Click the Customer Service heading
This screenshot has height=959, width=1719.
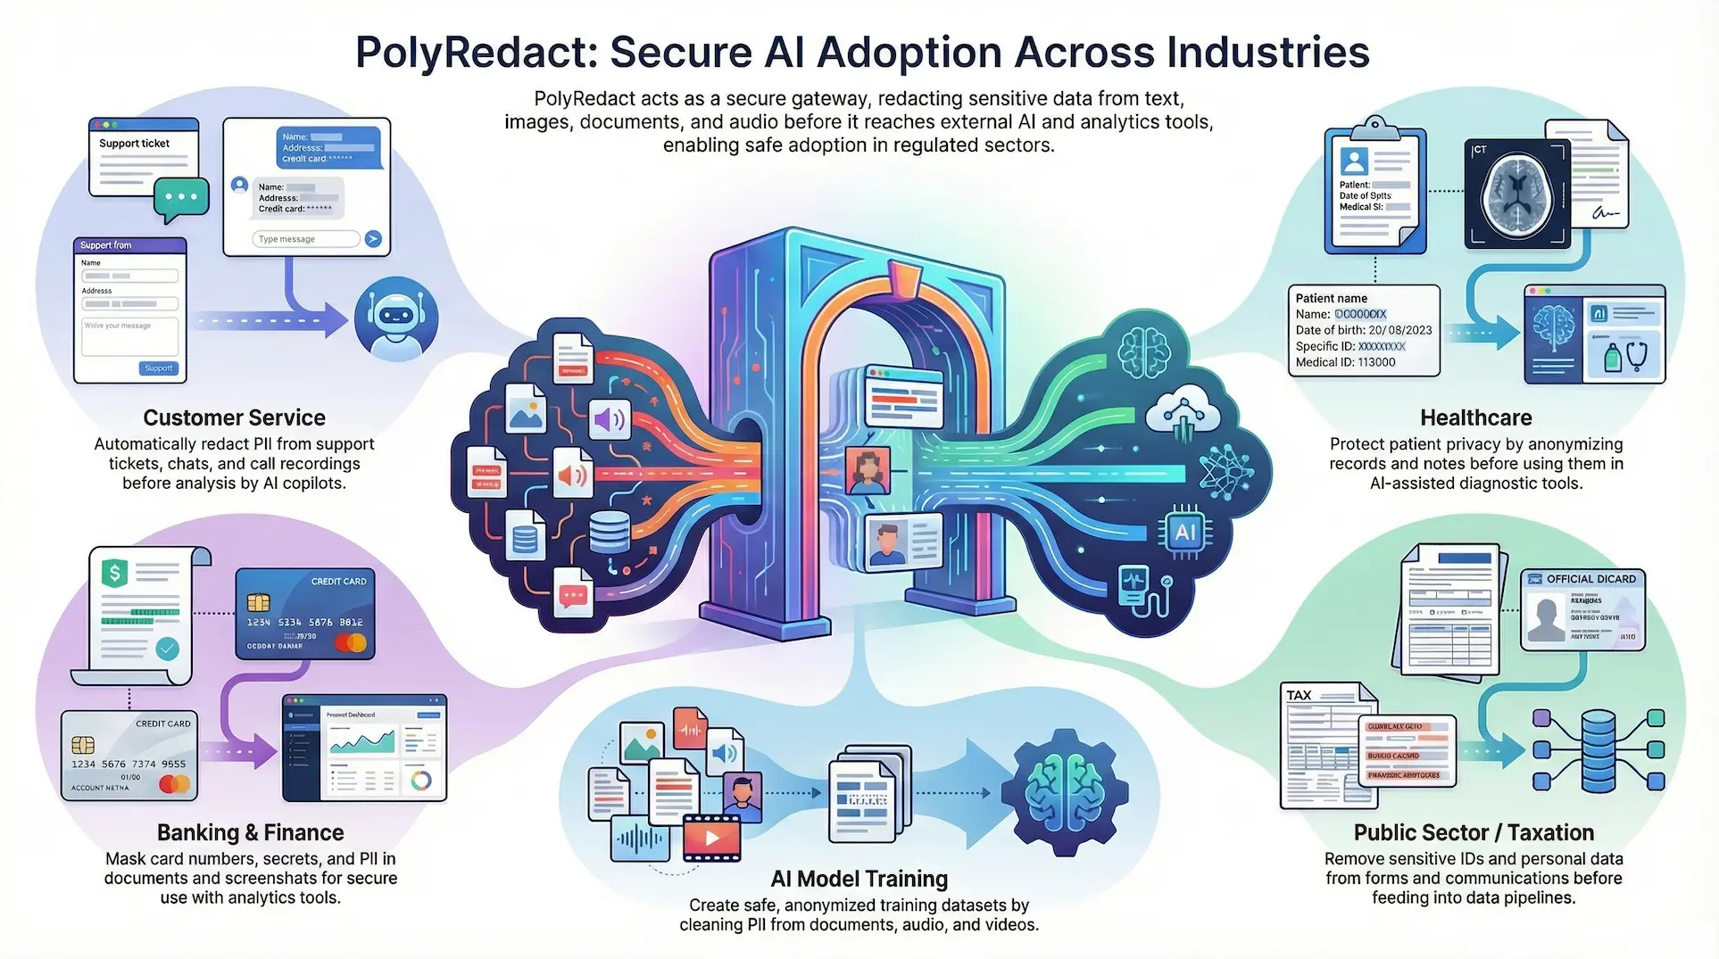click(x=234, y=417)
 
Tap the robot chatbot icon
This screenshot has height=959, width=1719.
click(x=395, y=318)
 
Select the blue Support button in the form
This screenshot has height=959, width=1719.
click(x=159, y=368)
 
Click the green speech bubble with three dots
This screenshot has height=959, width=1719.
click(x=181, y=197)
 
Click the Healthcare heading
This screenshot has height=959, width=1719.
click(x=1475, y=417)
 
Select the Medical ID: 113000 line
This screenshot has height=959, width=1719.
click(x=1345, y=362)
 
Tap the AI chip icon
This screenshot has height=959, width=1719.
click(x=1184, y=533)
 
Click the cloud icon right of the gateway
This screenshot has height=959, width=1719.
click(x=1183, y=411)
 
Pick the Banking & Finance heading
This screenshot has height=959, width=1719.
click(x=250, y=832)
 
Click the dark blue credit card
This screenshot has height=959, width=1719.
click(x=305, y=614)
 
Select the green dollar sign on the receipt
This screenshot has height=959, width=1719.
click(x=114, y=572)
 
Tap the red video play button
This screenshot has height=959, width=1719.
click(x=711, y=838)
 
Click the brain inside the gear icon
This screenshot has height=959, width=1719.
click(x=1064, y=790)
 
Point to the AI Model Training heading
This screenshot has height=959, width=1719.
click(x=859, y=879)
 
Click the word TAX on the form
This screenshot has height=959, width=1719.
click(x=1299, y=695)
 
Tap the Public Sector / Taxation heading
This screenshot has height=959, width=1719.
click(x=1474, y=832)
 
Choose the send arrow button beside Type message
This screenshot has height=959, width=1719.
click(x=373, y=239)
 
